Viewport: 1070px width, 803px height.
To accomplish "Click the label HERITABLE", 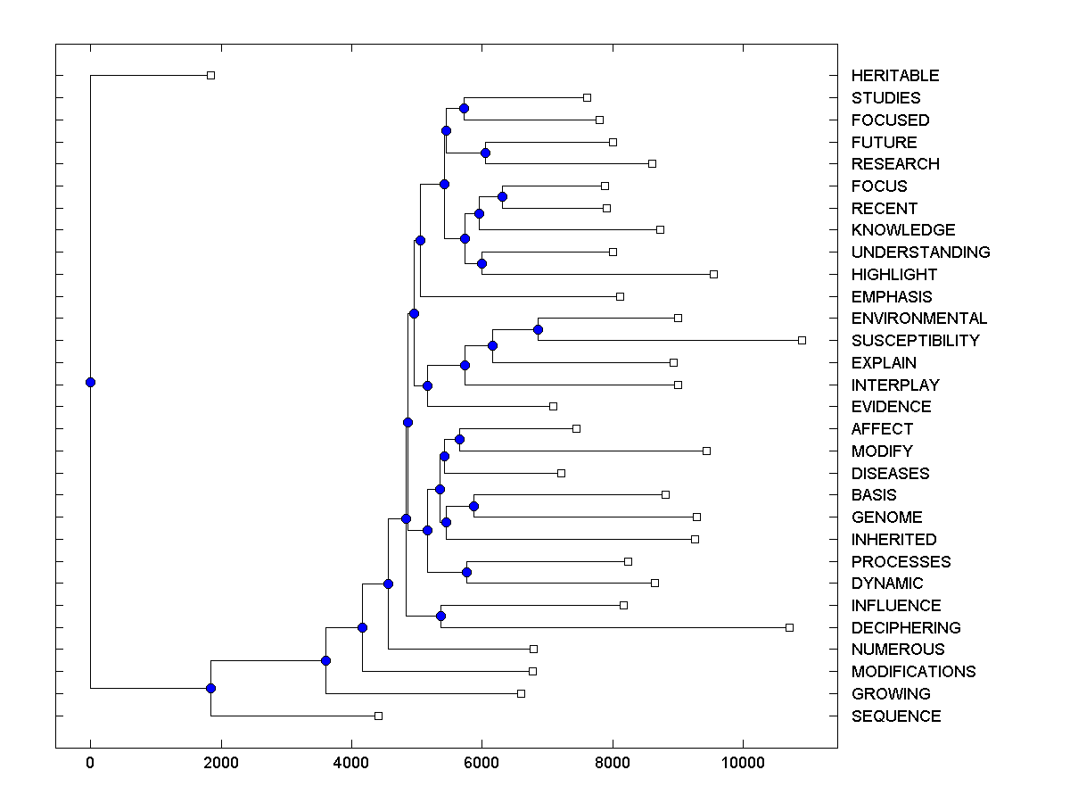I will coord(894,76).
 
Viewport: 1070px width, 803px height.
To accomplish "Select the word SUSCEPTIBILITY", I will coord(915,341).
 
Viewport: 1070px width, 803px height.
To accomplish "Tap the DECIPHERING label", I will coord(906,628).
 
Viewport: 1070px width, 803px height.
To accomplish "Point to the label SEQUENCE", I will coord(895,716).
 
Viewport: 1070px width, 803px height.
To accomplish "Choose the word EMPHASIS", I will coord(892,297).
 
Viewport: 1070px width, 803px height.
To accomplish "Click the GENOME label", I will coord(886,517).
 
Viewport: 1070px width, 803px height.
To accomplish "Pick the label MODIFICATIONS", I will coord(913,672).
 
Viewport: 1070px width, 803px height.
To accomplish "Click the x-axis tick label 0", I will coord(90,763).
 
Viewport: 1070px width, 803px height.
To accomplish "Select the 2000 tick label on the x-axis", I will coord(220,763).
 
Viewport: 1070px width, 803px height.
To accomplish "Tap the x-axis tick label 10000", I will coord(743,763).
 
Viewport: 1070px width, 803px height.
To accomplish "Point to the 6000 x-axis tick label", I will coord(481,763).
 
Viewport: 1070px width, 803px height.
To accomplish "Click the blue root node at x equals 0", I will coord(90,382).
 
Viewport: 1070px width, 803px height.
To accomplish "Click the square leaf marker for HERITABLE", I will coord(210,75).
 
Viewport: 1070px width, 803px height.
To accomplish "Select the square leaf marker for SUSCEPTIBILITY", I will coord(802,340).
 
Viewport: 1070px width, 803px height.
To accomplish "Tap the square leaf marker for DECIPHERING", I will coord(789,627).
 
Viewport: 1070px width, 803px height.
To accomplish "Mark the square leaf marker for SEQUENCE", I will coord(378,716).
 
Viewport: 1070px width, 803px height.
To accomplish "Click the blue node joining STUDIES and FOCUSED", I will coord(464,108).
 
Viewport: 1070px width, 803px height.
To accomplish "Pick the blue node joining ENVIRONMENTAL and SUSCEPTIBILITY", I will coord(538,329).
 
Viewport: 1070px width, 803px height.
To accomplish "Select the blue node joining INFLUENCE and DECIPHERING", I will coord(440,616).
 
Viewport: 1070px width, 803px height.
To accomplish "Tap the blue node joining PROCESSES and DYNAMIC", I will coord(466,572).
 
